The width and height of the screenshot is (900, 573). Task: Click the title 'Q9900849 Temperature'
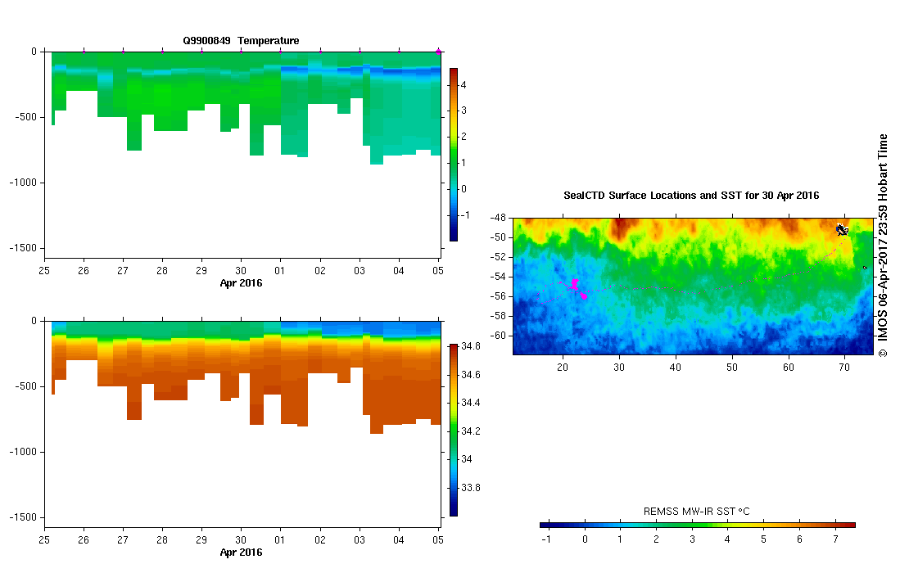(x=241, y=40)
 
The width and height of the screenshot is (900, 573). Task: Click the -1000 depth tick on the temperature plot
(x=25, y=183)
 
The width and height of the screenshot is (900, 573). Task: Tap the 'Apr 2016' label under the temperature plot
(x=241, y=283)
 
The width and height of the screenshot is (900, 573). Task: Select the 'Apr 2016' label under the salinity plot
(x=241, y=553)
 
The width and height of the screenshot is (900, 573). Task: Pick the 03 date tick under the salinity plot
(x=360, y=540)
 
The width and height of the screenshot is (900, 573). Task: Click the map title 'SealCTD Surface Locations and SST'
(x=691, y=196)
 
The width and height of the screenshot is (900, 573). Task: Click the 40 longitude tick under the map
(x=675, y=368)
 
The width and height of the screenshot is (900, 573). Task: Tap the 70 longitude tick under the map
(x=844, y=368)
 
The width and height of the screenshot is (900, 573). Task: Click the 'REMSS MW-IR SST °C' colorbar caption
(x=696, y=512)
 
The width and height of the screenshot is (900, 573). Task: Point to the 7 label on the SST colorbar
(x=834, y=540)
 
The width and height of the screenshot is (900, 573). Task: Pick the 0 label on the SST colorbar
(x=585, y=540)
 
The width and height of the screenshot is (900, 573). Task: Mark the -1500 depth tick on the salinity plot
(x=25, y=517)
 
